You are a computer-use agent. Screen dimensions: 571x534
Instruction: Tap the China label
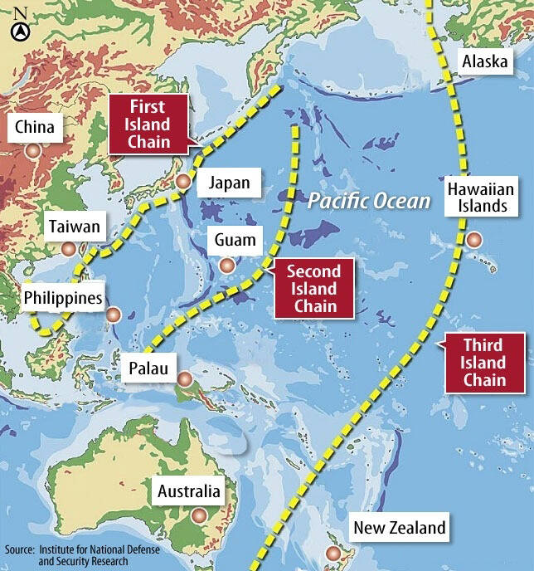click(34, 127)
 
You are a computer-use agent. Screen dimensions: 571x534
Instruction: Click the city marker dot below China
click(32, 150)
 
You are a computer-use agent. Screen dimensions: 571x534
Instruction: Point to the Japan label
click(230, 183)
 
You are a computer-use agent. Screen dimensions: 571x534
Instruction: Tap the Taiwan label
click(74, 226)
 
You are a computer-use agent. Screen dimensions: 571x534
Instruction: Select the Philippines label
click(63, 297)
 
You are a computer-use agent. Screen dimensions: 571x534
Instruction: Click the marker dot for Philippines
click(114, 315)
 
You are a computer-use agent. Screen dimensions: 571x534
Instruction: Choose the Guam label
click(235, 242)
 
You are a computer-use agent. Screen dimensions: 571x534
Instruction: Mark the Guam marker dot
click(226, 266)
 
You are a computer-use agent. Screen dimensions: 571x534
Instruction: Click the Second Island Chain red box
click(313, 289)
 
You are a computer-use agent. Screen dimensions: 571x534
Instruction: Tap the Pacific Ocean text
click(369, 201)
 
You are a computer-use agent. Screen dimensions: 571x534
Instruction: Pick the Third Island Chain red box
click(483, 363)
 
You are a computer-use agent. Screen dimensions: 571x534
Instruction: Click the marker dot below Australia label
click(197, 515)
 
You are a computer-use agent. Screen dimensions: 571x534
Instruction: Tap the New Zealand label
click(399, 527)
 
